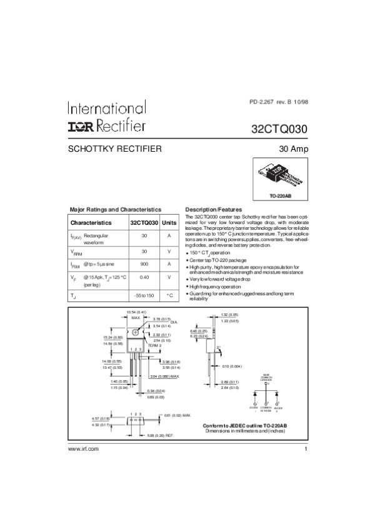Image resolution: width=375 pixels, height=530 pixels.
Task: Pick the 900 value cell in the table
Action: [144, 263]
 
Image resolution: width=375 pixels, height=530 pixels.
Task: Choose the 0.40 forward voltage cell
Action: [144, 277]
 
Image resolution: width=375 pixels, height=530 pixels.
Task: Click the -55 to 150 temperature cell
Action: [144, 295]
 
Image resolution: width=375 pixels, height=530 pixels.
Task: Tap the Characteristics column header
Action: [91, 222]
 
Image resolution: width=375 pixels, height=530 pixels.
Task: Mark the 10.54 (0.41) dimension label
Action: [136, 312]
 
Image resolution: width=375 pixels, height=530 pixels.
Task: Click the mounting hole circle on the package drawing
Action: [136, 332]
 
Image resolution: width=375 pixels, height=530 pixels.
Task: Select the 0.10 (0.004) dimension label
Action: [236, 366]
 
